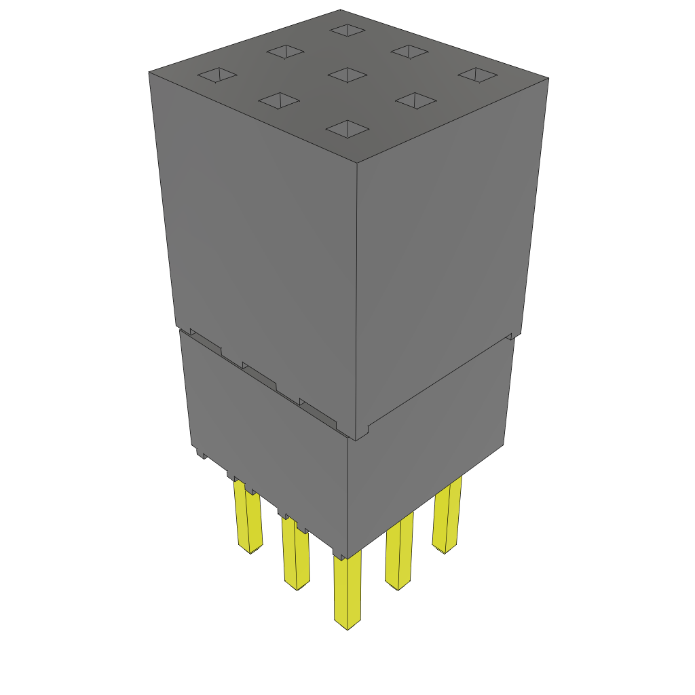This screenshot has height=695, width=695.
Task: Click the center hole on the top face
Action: (347, 74)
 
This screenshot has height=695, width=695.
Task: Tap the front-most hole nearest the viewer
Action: (347, 129)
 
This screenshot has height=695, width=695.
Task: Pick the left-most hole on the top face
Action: (217, 75)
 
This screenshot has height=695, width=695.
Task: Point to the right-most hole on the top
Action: (477, 75)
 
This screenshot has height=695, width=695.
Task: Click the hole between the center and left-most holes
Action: (279, 100)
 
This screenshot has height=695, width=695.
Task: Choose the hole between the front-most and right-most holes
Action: (415, 100)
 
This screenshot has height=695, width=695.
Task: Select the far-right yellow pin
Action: (447, 516)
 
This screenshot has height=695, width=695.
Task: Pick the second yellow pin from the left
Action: (295, 553)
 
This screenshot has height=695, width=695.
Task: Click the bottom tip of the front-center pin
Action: (347, 625)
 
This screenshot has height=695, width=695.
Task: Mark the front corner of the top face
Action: (356, 163)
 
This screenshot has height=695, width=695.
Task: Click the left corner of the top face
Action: (149, 71)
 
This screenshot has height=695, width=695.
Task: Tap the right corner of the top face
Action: (548, 78)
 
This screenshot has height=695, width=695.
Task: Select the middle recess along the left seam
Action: (260, 377)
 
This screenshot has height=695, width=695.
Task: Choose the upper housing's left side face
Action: (258, 231)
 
